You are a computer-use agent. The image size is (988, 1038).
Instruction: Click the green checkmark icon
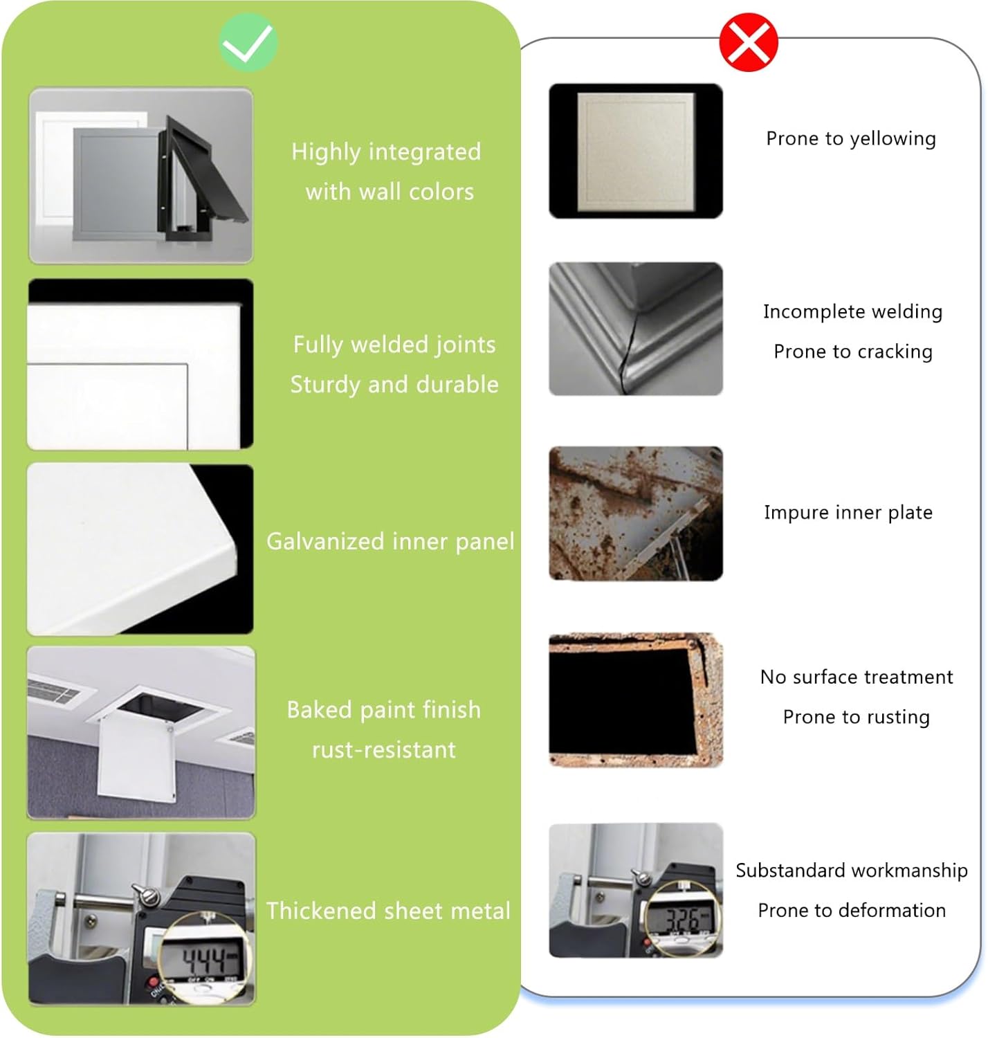(x=248, y=42)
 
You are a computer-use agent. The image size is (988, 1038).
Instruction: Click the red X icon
(x=749, y=42)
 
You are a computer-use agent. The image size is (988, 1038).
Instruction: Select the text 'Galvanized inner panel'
(x=390, y=542)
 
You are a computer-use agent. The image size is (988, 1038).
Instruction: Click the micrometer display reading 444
(x=205, y=961)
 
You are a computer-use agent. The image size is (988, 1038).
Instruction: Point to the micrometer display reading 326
(x=681, y=920)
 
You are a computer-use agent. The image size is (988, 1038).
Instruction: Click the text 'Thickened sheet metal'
(x=388, y=911)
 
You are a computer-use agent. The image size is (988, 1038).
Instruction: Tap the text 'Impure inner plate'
(x=848, y=513)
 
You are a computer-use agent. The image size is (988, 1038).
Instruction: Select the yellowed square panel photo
(x=635, y=152)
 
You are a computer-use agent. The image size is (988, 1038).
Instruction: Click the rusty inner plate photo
(x=635, y=513)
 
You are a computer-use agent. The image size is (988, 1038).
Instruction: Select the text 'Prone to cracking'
(x=853, y=352)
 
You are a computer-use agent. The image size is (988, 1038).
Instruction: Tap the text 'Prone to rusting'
(x=856, y=718)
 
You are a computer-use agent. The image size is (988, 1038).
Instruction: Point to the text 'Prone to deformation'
(x=852, y=911)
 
